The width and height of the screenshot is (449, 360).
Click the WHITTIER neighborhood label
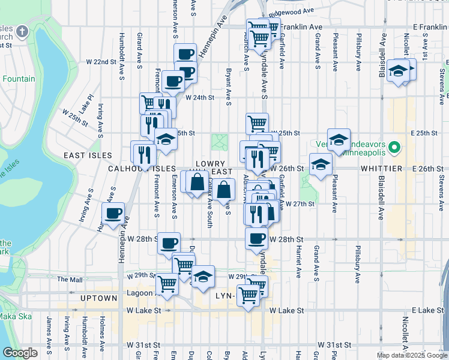point(381,170)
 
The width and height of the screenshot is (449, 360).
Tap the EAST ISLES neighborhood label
point(88,155)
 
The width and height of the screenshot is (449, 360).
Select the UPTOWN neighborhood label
point(99,298)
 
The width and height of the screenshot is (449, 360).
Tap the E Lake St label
point(426,310)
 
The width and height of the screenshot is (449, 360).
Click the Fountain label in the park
point(19,79)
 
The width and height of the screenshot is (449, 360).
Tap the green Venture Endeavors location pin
point(394,146)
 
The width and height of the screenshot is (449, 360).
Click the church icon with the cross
point(22,31)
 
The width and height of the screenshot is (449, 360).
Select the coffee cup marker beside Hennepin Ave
point(113,213)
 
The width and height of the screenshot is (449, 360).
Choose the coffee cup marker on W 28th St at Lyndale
point(256,238)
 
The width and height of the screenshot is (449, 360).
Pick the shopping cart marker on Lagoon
point(167,283)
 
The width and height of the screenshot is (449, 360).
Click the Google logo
point(20,353)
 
